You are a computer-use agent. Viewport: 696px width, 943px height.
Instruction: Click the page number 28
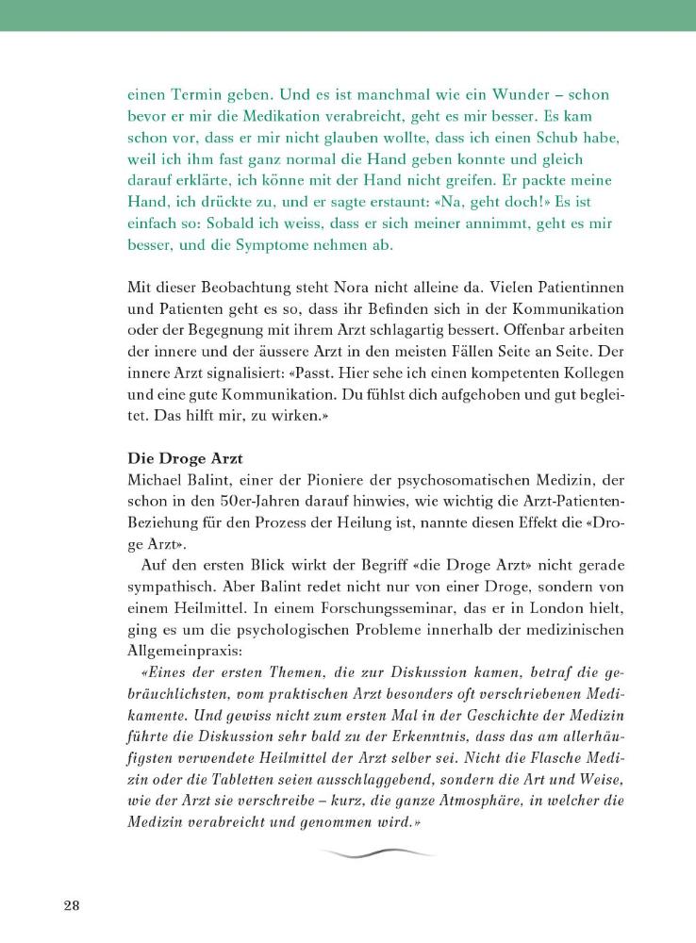coord(71,906)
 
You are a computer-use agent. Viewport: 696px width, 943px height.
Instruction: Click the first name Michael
coord(157,481)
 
